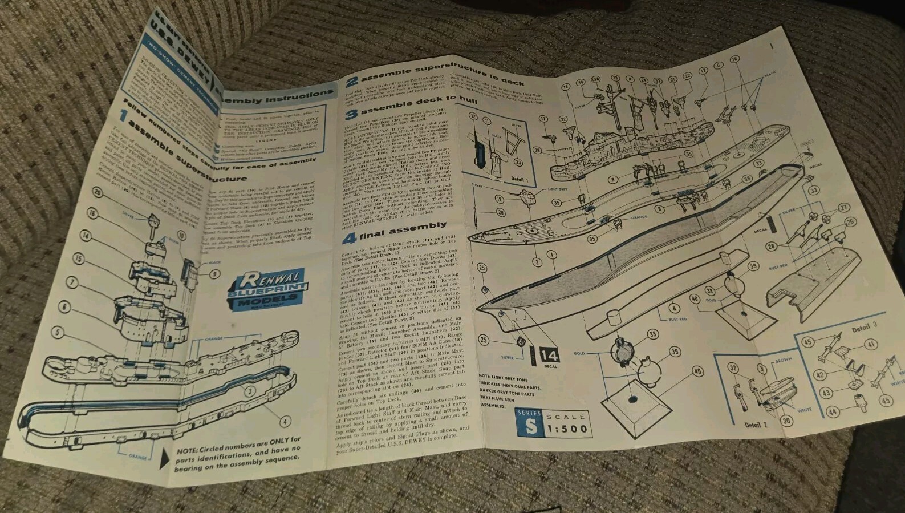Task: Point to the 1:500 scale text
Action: click(566, 429)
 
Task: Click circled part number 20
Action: click(99, 193)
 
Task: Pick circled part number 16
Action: click(92, 213)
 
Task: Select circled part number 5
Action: click(56, 332)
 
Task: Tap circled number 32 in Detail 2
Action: click(733, 369)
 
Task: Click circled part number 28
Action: click(772, 247)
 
